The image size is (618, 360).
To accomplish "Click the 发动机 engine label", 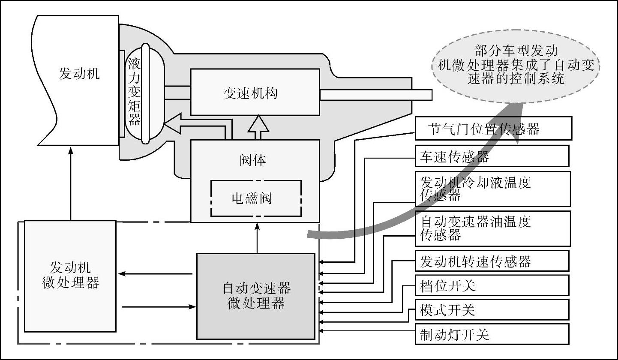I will tap(79, 74).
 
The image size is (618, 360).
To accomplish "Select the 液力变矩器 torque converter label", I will tap(135, 93).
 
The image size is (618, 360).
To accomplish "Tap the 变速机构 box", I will tap(255, 92).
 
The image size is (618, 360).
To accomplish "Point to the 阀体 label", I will tap(252, 160).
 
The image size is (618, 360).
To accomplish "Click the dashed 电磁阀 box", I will tap(256, 198).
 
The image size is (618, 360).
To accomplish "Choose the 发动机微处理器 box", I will tap(70, 276).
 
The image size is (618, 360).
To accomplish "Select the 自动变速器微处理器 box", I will tap(256, 296).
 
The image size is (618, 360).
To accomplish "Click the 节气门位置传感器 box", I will tap(493, 129).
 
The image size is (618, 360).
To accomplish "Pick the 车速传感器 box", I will tap(492, 156).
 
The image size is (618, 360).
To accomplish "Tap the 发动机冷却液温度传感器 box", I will tap(493, 189).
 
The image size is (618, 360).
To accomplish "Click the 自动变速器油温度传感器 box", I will tap(493, 228).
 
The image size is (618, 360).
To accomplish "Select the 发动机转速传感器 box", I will tap(492, 261).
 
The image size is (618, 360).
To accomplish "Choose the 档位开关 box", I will tap(492, 285).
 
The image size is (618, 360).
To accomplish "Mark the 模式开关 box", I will tap(492, 309).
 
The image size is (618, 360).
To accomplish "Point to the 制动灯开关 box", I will tap(492, 334).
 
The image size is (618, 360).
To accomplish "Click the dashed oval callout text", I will tap(516, 65).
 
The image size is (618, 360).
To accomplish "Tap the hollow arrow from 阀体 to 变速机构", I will tap(258, 127).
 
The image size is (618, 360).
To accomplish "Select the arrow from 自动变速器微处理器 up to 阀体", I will tap(257, 238).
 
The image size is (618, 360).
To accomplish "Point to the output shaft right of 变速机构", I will tap(375, 94).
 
